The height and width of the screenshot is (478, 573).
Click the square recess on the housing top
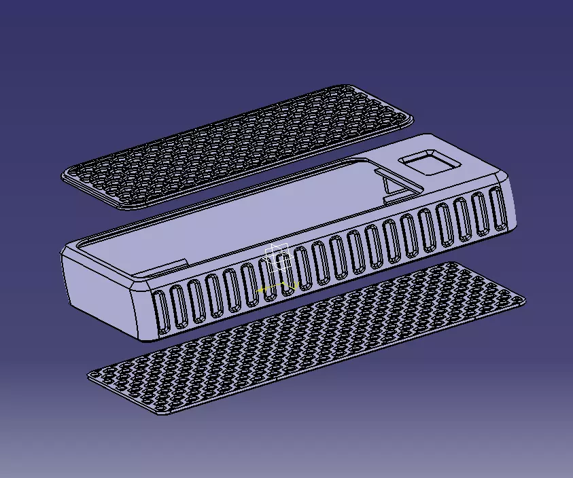(x=430, y=164)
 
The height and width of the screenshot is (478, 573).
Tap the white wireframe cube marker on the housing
(x=278, y=257)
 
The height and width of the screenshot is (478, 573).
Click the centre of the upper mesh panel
(x=238, y=147)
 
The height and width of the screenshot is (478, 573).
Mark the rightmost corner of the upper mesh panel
(x=411, y=120)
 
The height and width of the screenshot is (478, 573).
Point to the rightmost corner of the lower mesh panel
(x=524, y=299)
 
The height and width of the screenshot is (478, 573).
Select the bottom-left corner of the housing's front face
(x=140, y=338)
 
